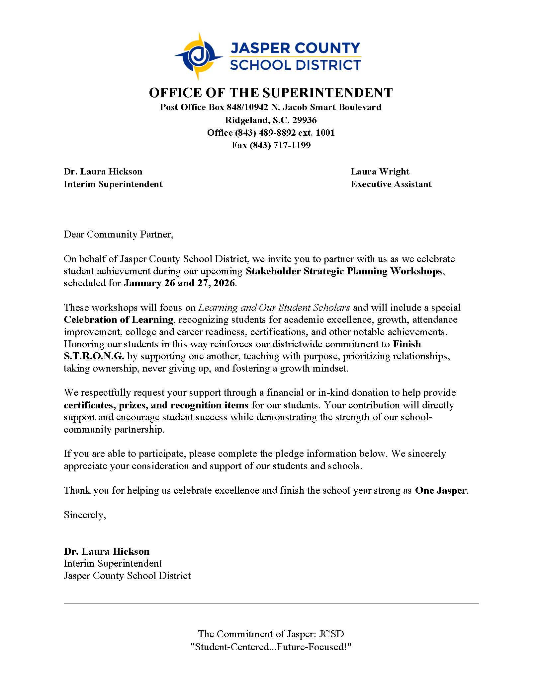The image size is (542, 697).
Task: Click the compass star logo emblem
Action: [199, 56]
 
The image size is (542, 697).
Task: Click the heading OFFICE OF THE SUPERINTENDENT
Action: [271, 93]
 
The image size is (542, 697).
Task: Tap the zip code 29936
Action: [304, 120]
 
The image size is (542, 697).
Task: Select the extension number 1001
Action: [325, 133]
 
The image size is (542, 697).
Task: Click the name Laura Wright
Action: [380, 172]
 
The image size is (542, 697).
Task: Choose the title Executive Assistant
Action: [391, 184]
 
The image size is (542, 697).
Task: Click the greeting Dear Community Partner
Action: [118, 235]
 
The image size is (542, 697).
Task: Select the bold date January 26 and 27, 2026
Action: [179, 283]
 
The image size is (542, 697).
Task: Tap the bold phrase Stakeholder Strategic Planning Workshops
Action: [344, 271]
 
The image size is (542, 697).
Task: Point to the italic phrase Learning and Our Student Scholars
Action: [274, 308]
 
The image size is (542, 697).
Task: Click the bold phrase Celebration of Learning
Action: [119, 320]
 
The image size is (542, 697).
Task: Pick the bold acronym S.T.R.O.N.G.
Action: [94, 356]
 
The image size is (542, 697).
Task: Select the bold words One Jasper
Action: [441, 490]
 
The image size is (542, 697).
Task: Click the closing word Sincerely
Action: [85, 515]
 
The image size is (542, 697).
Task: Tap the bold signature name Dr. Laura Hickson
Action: [107, 551]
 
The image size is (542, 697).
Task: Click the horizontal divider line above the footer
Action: [271, 603]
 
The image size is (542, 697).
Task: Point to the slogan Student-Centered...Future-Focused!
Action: [271, 647]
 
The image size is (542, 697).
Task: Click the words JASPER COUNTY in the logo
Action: [295, 48]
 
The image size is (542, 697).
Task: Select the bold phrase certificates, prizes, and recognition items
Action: [156, 405]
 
